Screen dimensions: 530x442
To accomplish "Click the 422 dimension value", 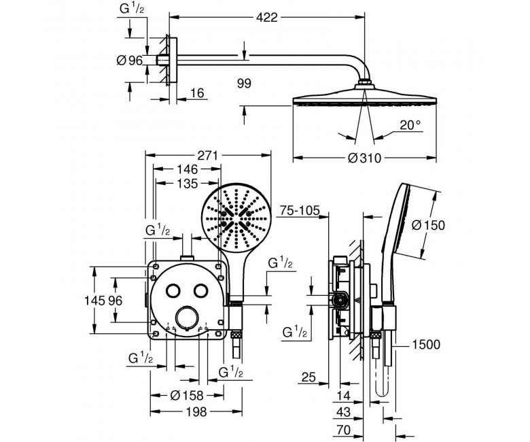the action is coord(266,17).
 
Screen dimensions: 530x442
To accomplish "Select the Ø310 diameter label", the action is coord(364,158).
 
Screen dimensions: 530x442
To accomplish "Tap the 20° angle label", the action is coord(411,125).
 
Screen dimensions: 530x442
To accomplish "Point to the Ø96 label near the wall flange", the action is coord(130,61).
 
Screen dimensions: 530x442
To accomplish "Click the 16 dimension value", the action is coord(198,93).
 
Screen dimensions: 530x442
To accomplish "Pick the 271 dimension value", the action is coord(207,156).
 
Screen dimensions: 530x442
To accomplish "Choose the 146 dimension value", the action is coord(188,169).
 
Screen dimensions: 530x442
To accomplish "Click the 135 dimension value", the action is coord(188,184).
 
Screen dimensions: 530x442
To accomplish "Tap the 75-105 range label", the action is coord(300,211).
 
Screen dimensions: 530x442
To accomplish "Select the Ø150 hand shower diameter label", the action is coord(428,225).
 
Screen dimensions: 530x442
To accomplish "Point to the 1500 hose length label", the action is coord(426,345).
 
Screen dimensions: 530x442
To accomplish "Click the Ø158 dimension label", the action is coord(187,395).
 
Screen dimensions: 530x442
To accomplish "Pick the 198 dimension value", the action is coord(196,411).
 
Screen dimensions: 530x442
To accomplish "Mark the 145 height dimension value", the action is coord(94,301).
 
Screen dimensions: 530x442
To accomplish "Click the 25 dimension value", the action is coord(308,377).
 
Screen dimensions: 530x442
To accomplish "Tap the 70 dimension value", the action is coord(344,430).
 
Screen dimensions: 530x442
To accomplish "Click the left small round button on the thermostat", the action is coord(173,290).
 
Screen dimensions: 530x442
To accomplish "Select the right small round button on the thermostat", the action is coord(200,290).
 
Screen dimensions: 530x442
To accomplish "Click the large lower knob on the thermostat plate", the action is coord(187,317).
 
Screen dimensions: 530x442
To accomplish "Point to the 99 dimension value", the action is coord(244,83).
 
